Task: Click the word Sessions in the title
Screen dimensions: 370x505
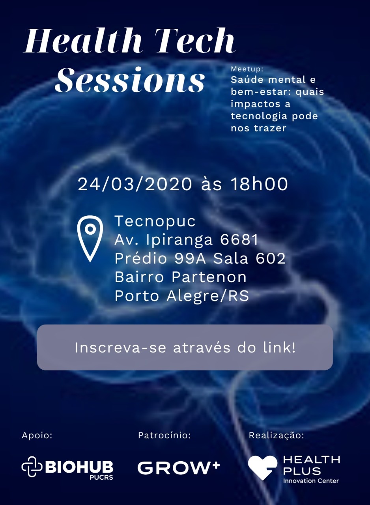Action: pyautogui.click(x=130, y=80)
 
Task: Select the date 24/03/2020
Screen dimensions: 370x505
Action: pyautogui.click(x=135, y=184)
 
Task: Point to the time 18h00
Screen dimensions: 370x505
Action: pyautogui.click(x=260, y=184)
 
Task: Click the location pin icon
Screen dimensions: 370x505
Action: pyautogui.click(x=90, y=239)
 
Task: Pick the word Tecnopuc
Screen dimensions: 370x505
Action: pyautogui.click(x=155, y=221)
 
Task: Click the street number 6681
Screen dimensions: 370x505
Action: pyautogui.click(x=239, y=239)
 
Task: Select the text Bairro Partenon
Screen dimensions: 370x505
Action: pyautogui.click(x=181, y=277)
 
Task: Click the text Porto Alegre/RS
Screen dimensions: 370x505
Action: pyautogui.click(x=182, y=296)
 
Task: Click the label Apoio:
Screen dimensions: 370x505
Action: pyautogui.click(x=37, y=436)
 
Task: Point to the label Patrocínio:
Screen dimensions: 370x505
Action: pyautogui.click(x=164, y=435)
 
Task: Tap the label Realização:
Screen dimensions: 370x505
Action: pyautogui.click(x=277, y=436)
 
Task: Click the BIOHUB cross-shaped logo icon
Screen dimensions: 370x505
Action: pyautogui.click(x=32, y=467)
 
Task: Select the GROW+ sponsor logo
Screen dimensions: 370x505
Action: pyautogui.click(x=179, y=468)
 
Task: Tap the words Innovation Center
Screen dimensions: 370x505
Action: pyautogui.click(x=311, y=481)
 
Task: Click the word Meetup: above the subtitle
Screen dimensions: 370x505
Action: pyautogui.click(x=247, y=69)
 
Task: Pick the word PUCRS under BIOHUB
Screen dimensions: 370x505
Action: pyautogui.click(x=101, y=477)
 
